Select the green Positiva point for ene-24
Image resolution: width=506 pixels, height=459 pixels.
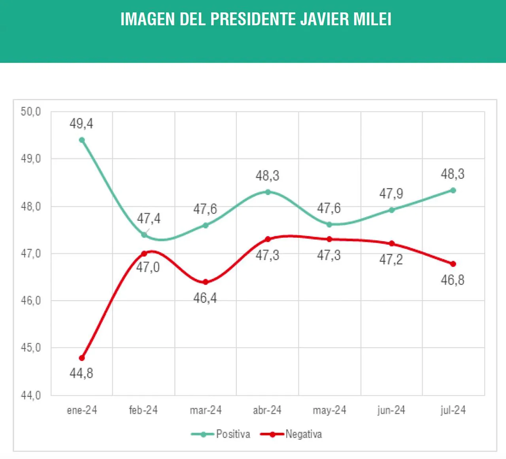point(82,140)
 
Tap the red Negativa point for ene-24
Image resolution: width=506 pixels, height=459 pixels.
point(82,358)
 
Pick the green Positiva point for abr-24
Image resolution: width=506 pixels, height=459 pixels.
point(268,192)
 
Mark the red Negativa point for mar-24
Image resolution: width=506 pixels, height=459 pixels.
point(206,282)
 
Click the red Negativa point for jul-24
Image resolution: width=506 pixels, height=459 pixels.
point(453,264)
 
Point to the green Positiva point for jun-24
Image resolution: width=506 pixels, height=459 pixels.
point(391,210)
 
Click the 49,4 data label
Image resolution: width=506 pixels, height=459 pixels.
point(81,124)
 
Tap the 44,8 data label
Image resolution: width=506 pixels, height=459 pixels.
point(81,373)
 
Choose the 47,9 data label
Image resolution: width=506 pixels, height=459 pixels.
point(391,194)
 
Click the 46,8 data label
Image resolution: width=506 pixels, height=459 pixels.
point(453,280)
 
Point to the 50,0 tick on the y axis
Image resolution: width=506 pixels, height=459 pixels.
point(31,112)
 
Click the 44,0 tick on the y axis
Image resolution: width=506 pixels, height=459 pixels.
point(31,395)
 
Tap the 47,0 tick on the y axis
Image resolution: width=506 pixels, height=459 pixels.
point(31,253)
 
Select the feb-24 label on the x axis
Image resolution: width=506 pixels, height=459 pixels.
point(143,410)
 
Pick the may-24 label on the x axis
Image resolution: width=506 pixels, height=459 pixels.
point(329,410)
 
